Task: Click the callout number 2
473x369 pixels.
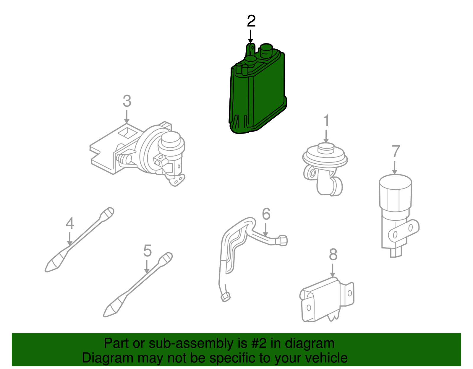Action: coord(251,21)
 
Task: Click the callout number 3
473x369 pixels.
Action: coord(127,101)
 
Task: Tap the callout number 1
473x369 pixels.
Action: coord(326,121)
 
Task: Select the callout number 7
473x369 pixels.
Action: coord(396,152)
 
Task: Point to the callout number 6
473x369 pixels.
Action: coord(266,214)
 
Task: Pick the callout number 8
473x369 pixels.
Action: coord(333,254)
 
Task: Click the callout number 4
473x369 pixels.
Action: coord(70,223)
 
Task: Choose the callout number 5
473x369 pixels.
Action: coord(147,251)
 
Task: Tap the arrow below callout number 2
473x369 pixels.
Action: coord(251,37)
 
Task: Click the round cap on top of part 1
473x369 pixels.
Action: coord(326,147)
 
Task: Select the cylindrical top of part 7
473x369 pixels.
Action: coord(395,192)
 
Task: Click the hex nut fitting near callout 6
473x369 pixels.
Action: coord(282,240)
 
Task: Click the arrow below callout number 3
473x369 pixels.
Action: coord(127,117)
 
